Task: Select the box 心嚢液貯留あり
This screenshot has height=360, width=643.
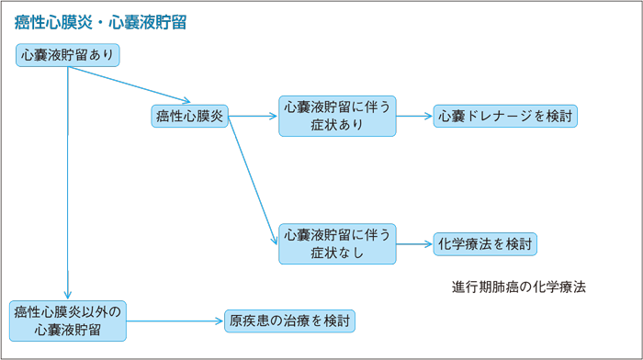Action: tap(69, 55)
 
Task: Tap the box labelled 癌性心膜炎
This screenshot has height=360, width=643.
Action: tap(189, 117)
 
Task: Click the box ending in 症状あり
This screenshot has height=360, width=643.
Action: tap(338, 117)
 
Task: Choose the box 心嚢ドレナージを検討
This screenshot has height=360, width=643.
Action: tap(506, 117)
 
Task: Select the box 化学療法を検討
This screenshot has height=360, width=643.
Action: tap(485, 244)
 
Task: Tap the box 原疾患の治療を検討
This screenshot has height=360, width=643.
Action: tap(289, 321)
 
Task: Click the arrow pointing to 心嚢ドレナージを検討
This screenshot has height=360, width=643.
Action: tap(414, 117)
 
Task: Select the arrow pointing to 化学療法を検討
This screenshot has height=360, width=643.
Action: tap(414, 244)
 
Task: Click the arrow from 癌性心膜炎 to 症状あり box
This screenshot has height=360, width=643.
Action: tap(254, 117)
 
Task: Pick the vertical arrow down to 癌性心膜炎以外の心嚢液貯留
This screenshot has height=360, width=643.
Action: tap(69, 184)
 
